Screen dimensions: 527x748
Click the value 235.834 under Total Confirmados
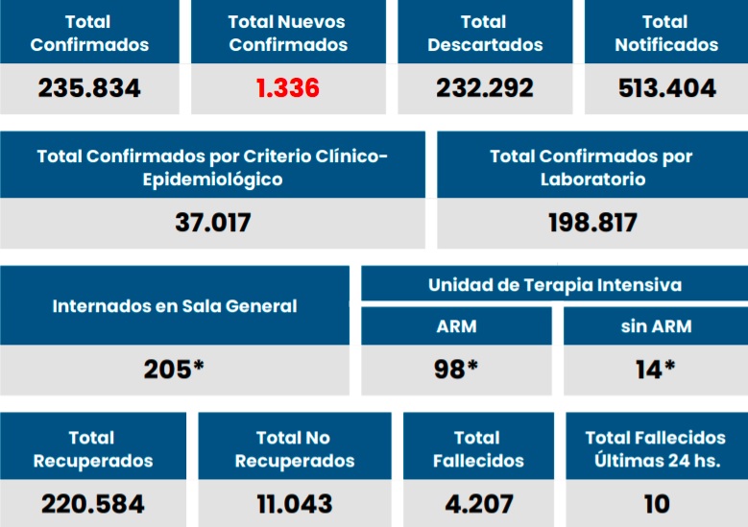point(89,89)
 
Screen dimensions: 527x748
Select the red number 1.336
point(288,89)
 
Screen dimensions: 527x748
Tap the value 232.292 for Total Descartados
point(485,89)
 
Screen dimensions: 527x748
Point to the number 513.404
point(665,89)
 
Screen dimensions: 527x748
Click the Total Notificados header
point(665,33)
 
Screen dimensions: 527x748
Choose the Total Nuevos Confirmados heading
point(288,33)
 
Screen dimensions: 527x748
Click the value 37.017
point(212,223)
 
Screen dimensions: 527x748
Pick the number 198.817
point(592,223)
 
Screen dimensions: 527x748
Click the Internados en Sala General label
point(175,306)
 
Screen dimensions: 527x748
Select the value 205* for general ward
point(174,370)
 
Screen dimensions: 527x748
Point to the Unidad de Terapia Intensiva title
point(555,285)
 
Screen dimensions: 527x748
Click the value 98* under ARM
point(456,370)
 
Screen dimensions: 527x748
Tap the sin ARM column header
point(656,326)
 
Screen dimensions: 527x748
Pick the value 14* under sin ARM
point(656,370)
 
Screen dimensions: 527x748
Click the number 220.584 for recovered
point(93,503)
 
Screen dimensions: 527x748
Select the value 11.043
point(295,503)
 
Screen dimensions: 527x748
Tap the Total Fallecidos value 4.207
point(478,503)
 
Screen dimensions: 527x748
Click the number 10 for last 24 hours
point(657,503)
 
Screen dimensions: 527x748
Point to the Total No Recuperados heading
point(295,449)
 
